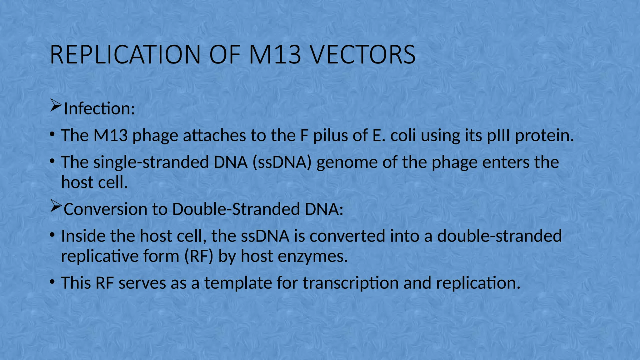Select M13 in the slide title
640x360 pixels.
pyautogui.click(x=275, y=55)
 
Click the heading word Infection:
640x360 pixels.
pyautogui.click(x=99, y=109)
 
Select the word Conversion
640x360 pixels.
pyautogui.click(x=105, y=209)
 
